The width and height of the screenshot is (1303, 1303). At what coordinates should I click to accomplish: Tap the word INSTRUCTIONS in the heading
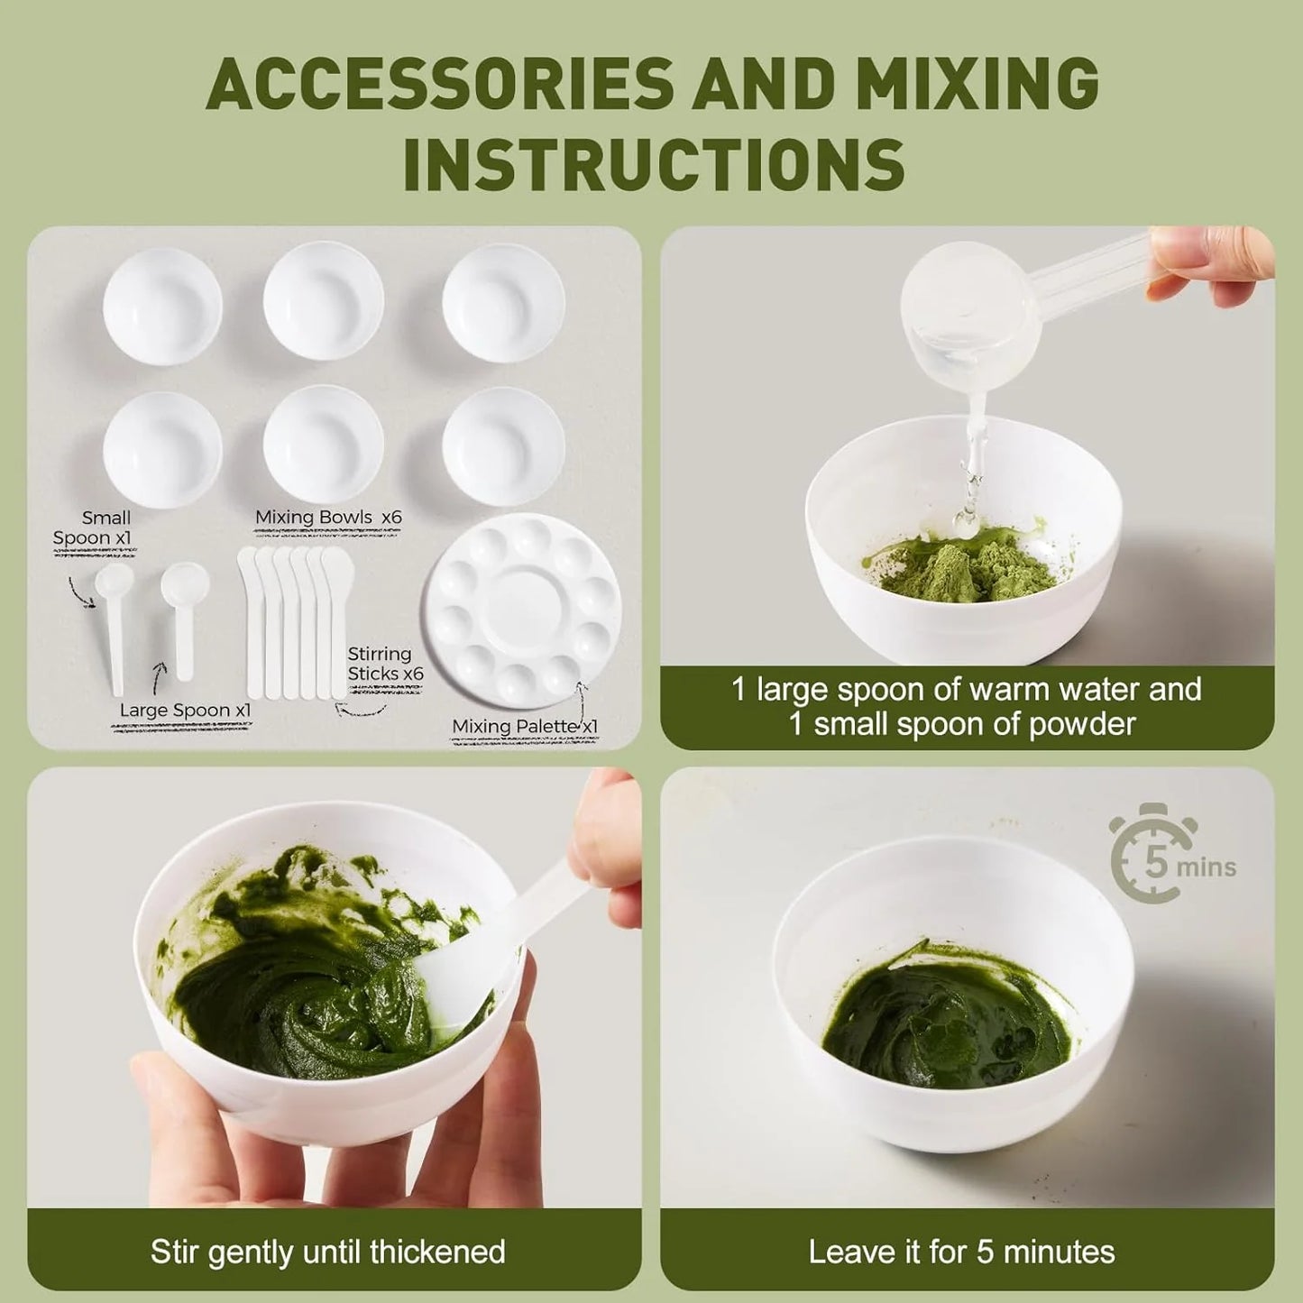[654, 164]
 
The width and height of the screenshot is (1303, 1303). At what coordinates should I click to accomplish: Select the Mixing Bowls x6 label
[328, 518]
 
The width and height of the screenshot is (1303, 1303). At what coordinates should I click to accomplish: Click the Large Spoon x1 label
[185, 711]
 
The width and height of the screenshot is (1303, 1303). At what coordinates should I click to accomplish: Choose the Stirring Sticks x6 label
[385, 665]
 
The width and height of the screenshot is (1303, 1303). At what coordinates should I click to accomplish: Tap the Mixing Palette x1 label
[525, 727]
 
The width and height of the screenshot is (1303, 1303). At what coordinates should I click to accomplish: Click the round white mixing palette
[523, 610]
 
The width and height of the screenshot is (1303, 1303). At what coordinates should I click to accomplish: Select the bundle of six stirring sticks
[296, 622]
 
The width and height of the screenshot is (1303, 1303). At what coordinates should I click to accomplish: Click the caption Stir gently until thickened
[327, 1253]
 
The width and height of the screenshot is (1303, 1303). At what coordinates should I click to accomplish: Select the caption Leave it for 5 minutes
[961, 1253]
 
